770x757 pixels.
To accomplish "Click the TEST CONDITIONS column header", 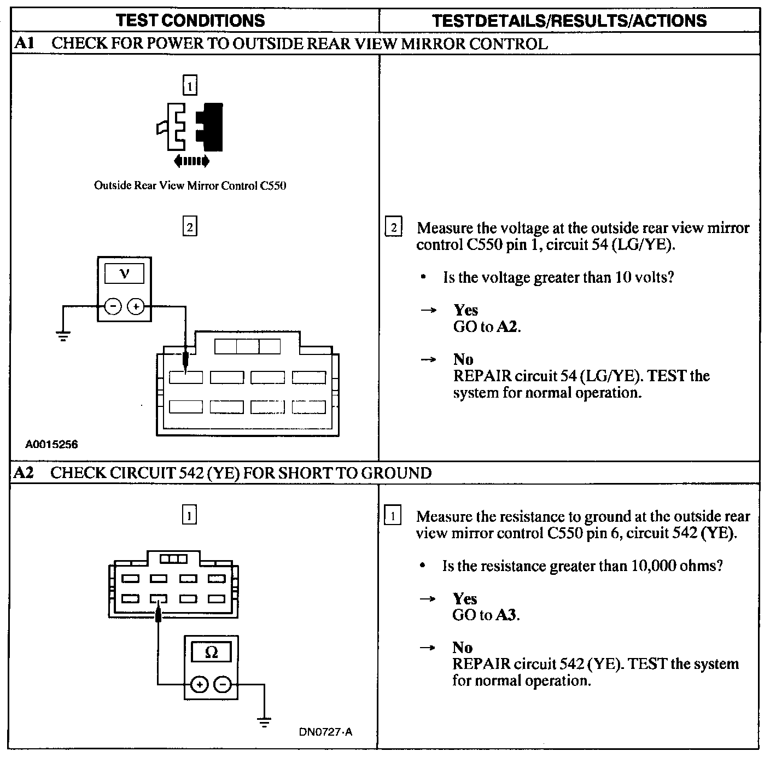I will [190, 21].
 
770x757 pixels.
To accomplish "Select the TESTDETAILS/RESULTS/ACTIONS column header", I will [569, 21].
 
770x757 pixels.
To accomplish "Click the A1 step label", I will [24, 43].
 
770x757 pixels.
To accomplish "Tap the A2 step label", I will [24, 473].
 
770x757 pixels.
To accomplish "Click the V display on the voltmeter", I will [125, 273].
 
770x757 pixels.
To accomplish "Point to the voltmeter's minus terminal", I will [113, 307].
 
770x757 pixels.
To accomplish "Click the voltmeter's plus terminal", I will [136, 307].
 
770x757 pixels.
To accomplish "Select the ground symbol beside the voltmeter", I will [63, 335].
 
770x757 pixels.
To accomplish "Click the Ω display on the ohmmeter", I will [211, 652].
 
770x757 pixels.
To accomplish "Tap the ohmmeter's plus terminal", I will [199, 684].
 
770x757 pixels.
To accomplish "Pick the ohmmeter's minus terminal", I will [223, 684].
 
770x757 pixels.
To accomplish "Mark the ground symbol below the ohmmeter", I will [265, 723].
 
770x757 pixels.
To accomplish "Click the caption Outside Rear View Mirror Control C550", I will [190, 185].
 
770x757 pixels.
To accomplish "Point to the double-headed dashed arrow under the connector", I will [191, 161].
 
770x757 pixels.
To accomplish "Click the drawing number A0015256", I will [52, 444].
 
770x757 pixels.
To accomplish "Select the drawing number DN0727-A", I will [325, 732].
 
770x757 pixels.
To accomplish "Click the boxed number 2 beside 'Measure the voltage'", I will [394, 227].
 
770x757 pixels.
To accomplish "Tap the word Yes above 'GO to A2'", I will [466, 310].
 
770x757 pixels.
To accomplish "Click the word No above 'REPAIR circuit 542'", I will [463, 648].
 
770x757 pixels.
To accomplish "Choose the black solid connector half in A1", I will [211, 126].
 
